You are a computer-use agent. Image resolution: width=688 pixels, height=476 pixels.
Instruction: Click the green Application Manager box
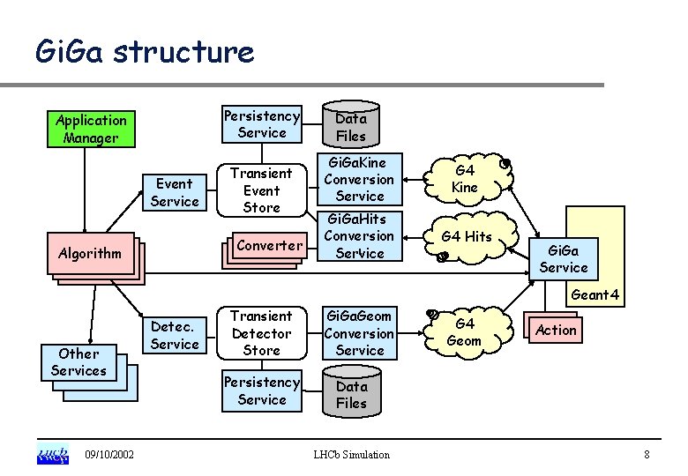(91, 129)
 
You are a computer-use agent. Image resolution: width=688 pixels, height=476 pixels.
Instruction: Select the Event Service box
(175, 192)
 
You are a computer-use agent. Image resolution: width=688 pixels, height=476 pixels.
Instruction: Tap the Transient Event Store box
(261, 190)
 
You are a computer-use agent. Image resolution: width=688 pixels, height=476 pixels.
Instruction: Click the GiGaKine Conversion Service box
(360, 179)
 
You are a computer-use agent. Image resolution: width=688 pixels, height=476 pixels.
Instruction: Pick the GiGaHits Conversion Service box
(360, 235)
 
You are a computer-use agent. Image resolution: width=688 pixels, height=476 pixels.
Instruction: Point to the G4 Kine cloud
(465, 179)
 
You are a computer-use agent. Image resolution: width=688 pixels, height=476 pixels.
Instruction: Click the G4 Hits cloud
(467, 236)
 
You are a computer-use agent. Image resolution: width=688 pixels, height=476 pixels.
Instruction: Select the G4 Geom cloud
(464, 332)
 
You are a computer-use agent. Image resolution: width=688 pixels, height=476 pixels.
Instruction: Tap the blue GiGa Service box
(563, 259)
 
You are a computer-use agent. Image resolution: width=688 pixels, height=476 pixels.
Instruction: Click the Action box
(556, 330)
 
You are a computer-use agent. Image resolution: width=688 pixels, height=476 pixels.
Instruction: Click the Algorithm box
(89, 253)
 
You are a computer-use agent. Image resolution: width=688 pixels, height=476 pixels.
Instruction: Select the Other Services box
(79, 362)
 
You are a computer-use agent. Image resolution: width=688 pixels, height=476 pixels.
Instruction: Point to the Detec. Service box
(175, 336)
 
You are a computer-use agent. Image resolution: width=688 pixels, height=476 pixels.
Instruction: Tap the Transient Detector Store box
(261, 333)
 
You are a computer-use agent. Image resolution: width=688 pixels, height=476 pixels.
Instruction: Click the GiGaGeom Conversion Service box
(360, 333)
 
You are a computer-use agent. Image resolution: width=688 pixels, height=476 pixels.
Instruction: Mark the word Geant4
(595, 295)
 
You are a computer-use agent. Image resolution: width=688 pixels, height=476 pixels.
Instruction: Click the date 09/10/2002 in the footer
(109, 454)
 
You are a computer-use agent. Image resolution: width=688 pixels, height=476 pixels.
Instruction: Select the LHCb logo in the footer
(53, 454)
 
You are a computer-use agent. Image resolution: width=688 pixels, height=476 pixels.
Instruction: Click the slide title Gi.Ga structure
(145, 53)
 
